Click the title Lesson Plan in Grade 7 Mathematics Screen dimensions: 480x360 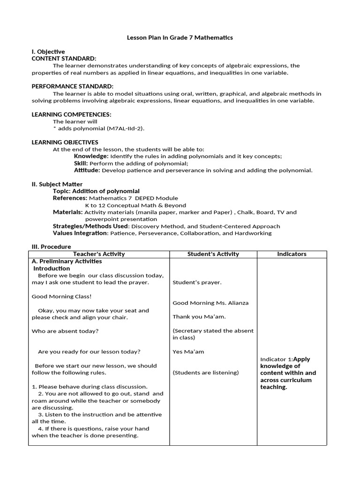pyautogui.click(x=180, y=37)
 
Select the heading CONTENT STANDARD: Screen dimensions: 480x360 pyautogui.click(x=64, y=59)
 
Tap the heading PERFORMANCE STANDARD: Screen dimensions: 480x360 pyautogui.click(x=72, y=87)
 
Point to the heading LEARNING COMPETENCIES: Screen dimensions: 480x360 pyautogui.click(x=71, y=114)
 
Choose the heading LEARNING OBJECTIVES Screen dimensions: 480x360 pyautogui.click(x=65, y=142)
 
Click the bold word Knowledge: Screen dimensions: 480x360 pyautogui.click(x=91, y=156)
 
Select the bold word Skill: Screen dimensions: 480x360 pyautogui.click(x=81, y=163)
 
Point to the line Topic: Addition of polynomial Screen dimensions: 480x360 pyautogui.click(x=96, y=191)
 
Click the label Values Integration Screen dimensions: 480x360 pyautogui.click(x=80, y=233)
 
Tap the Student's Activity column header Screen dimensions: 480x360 pyautogui.click(x=213, y=254)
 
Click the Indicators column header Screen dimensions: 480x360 pyautogui.click(x=292, y=254)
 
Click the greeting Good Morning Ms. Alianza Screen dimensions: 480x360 pyautogui.click(x=210, y=303)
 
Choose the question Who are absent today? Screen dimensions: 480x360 pyautogui.click(x=65, y=331)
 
